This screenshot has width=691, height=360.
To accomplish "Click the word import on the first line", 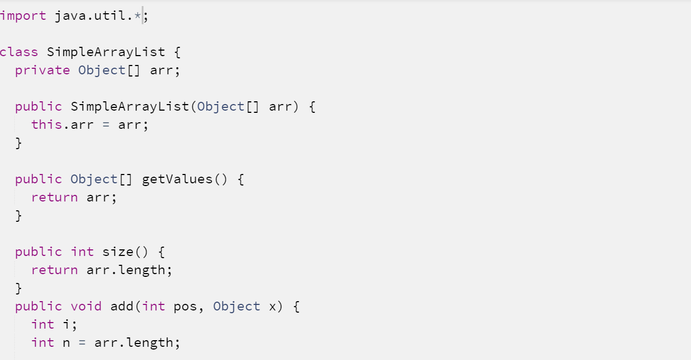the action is pyautogui.click(x=23, y=16).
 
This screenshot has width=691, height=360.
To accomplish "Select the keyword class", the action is pyautogui.click(x=19, y=52).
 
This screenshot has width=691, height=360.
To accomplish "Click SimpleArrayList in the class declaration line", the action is pyautogui.click(x=106, y=52).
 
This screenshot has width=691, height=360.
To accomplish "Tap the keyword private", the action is pyautogui.click(x=42, y=70).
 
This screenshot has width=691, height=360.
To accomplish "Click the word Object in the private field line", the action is pyautogui.click(x=102, y=70).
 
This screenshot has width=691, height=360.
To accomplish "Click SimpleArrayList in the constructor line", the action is pyautogui.click(x=130, y=107).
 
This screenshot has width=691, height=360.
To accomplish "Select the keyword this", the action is pyautogui.click(x=47, y=124).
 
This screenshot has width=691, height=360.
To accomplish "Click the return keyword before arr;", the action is pyautogui.click(x=55, y=197).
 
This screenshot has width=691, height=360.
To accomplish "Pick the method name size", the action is pyautogui.click(x=118, y=252).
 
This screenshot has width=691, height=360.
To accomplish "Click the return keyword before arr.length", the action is pyautogui.click(x=55, y=270).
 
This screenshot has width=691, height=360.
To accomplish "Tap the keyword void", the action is pyautogui.click(x=86, y=306).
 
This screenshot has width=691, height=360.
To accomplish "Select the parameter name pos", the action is pyautogui.click(x=186, y=306).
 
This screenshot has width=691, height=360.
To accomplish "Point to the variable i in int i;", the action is pyautogui.click(x=66, y=324).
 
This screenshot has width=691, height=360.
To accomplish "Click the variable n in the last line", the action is pyautogui.click(x=66, y=343).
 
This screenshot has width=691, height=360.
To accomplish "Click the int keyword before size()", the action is pyautogui.click(x=82, y=252).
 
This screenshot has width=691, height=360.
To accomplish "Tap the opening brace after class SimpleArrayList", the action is pyautogui.click(x=177, y=52).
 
